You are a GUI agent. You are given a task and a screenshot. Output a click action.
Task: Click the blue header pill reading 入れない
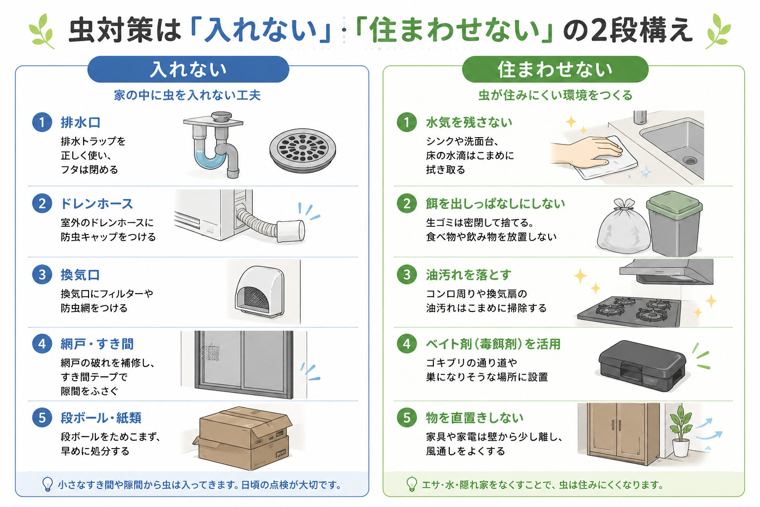tap(188, 69)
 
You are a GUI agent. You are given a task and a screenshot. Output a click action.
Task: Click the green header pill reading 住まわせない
tap(555, 69)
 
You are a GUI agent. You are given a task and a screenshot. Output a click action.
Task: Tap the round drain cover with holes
tap(303, 150)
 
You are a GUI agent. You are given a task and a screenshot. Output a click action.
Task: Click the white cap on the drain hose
tap(291, 231)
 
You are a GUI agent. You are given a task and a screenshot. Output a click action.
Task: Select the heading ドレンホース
tap(96, 204)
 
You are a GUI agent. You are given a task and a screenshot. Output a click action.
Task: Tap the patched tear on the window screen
tap(211, 353)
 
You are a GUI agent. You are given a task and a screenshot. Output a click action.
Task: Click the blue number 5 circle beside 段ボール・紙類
tap(42, 417)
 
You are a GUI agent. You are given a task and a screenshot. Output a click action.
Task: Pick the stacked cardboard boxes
tap(243, 438)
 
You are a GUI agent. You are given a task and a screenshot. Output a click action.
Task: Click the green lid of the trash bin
tap(674, 205)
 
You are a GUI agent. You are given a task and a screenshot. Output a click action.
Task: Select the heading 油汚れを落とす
tap(469, 275)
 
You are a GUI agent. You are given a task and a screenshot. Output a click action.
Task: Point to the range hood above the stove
tap(666, 272)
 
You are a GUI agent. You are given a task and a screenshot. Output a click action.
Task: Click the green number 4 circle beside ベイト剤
tap(407, 344)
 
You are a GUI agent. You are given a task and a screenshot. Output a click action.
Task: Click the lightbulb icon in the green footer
tap(412, 484)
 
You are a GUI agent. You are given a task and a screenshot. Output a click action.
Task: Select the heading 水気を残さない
tap(469, 122)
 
